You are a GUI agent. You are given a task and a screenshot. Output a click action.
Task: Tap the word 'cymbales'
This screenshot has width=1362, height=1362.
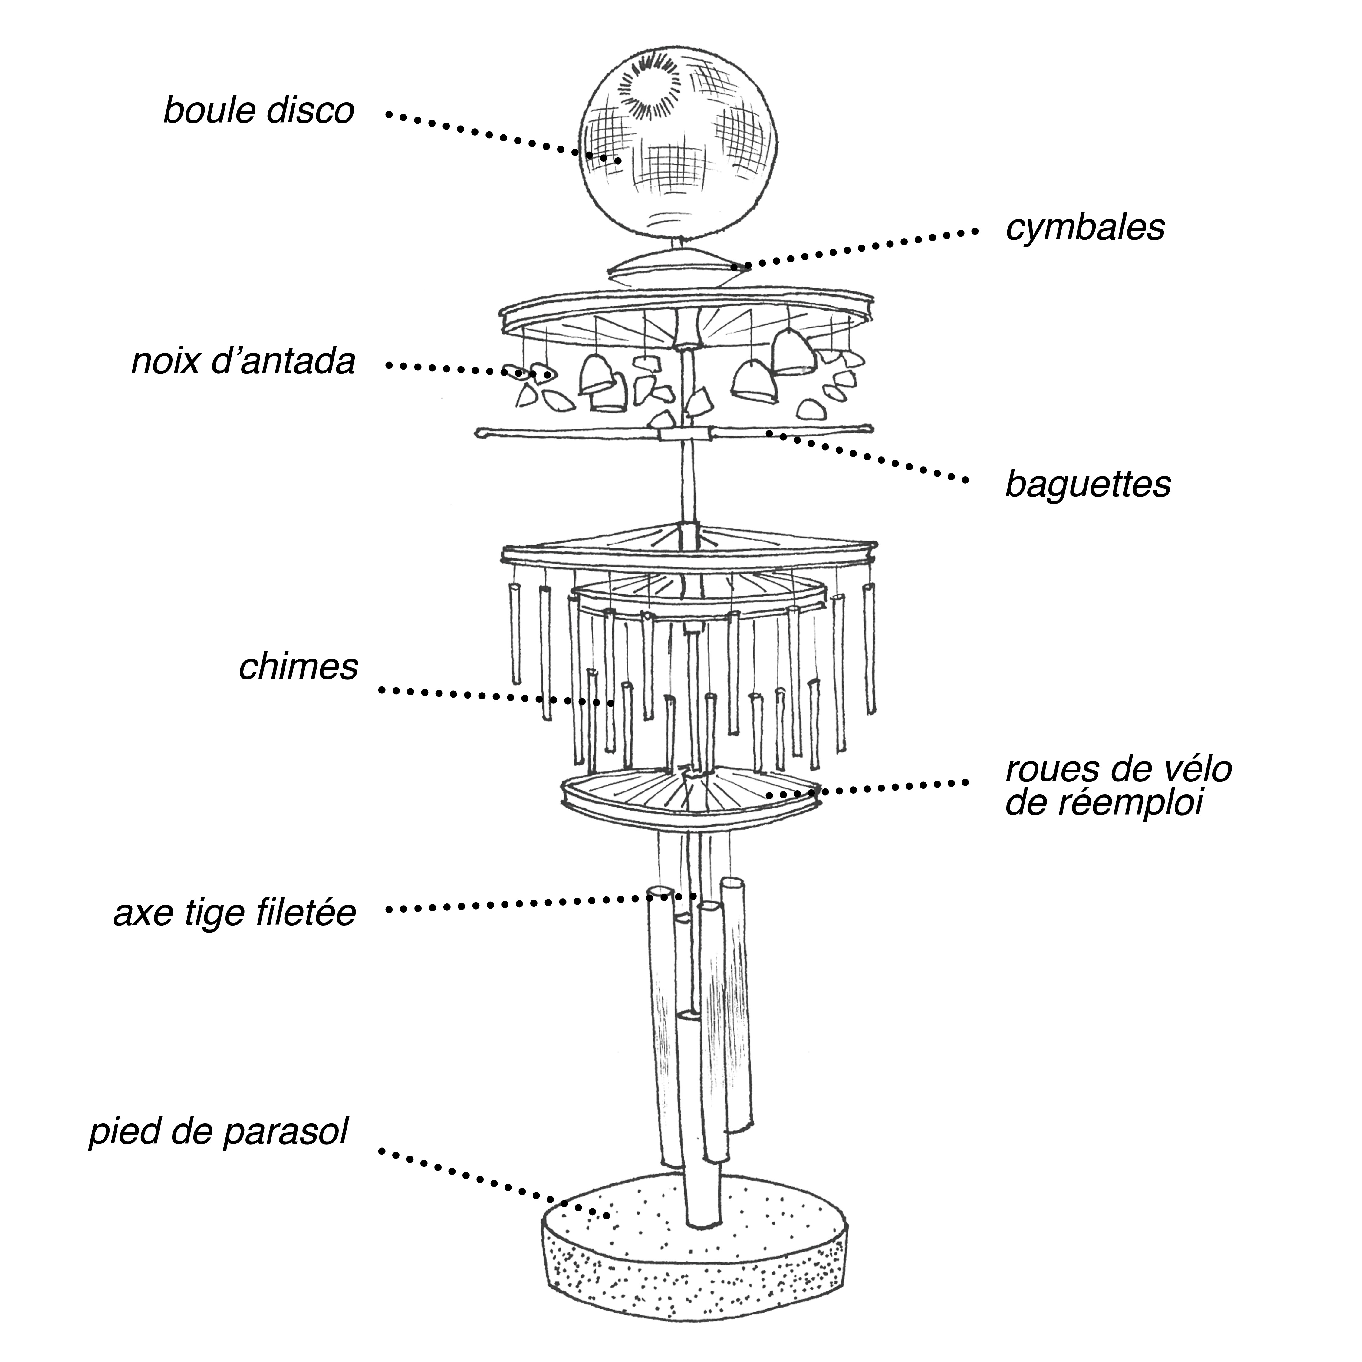(1084, 228)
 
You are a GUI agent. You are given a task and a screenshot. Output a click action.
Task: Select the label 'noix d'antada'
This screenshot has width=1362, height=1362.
(243, 362)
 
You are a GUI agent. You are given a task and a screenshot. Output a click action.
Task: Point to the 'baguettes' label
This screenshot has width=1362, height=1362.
(1088, 484)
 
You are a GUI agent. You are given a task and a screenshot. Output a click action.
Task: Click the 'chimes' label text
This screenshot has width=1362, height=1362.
(298, 667)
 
